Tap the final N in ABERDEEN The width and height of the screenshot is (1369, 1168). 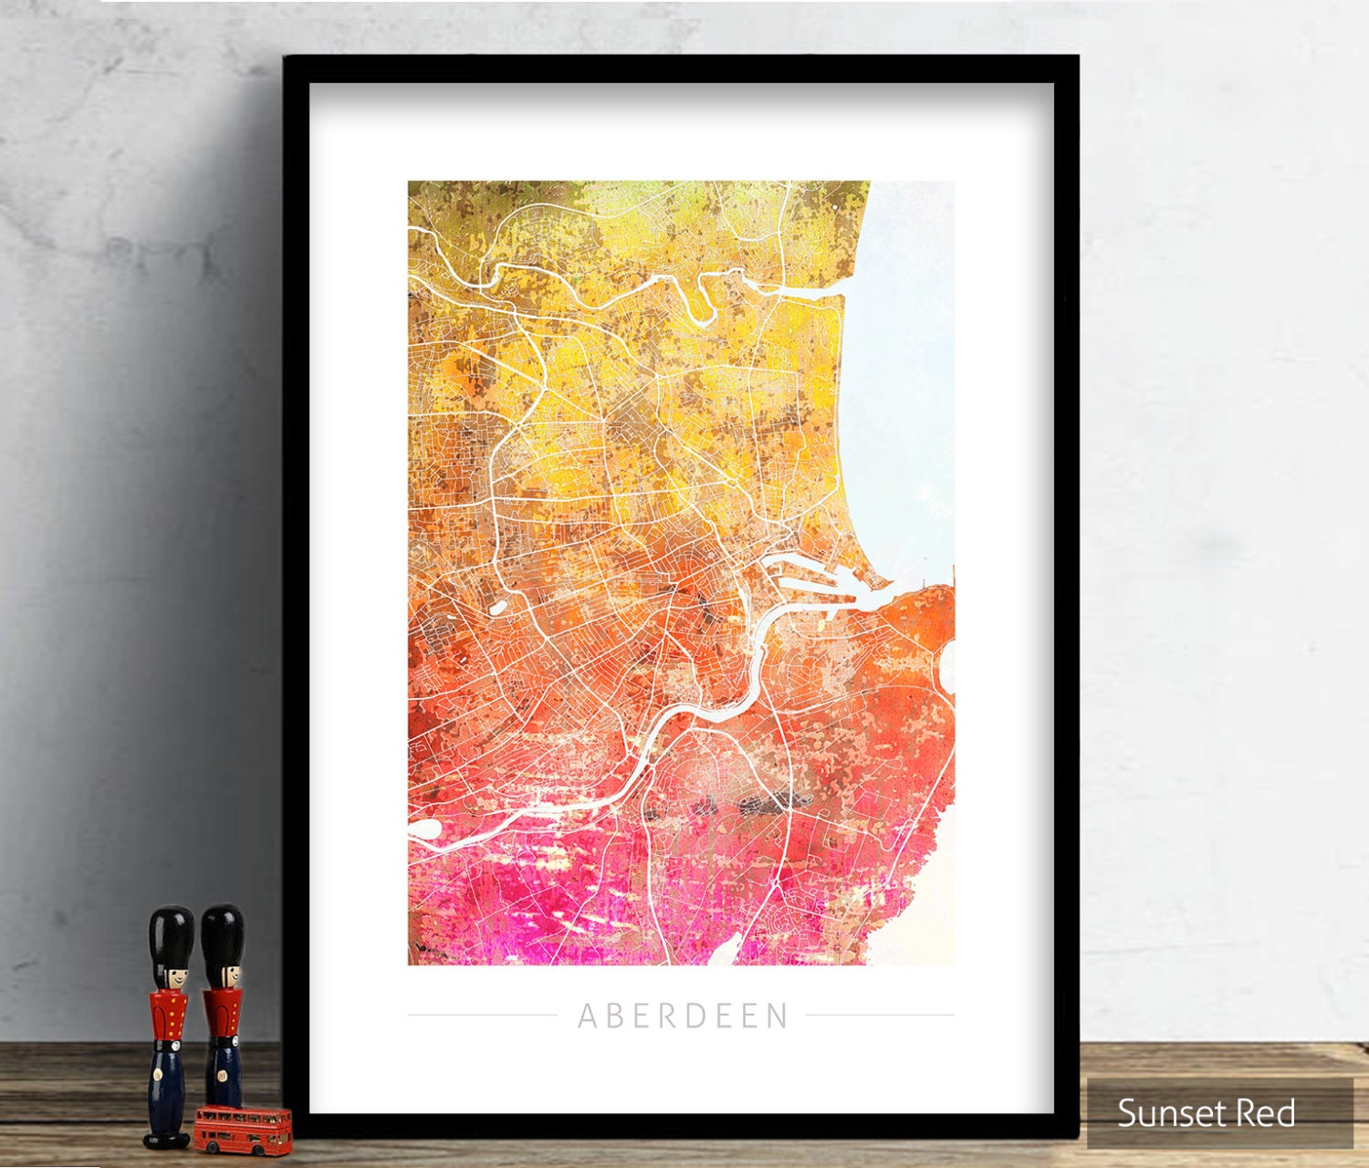click(778, 1016)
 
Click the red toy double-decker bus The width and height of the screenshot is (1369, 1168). click(242, 1129)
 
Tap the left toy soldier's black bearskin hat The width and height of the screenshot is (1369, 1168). click(172, 935)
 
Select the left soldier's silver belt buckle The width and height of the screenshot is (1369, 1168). click(170, 1041)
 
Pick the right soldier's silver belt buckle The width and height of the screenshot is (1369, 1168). click(222, 1041)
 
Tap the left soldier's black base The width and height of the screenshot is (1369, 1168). click(167, 1138)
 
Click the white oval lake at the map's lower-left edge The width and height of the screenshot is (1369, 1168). click(424, 829)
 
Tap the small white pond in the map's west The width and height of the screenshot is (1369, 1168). click(498, 606)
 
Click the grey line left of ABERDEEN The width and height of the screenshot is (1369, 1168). click(481, 1015)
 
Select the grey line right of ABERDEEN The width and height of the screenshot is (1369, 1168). click(880, 1015)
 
